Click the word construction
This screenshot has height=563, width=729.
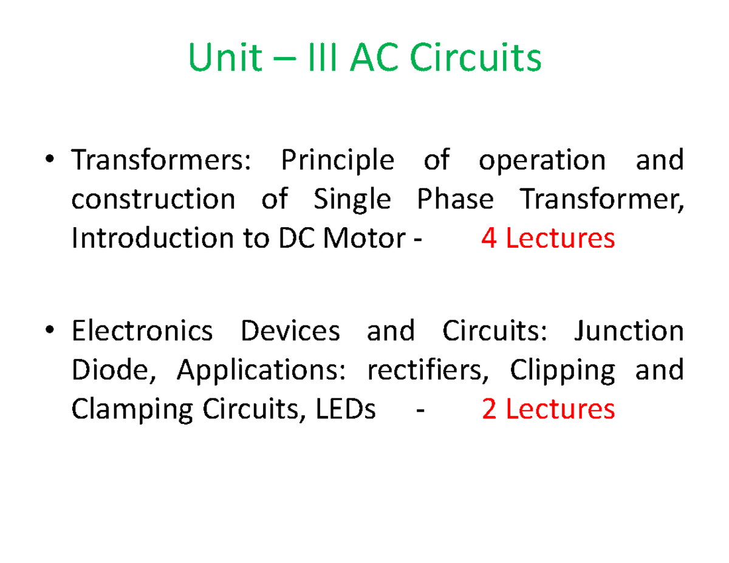[x=152, y=199]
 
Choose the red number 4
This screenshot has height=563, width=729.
[x=489, y=239]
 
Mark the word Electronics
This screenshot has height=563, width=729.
[x=142, y=332]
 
